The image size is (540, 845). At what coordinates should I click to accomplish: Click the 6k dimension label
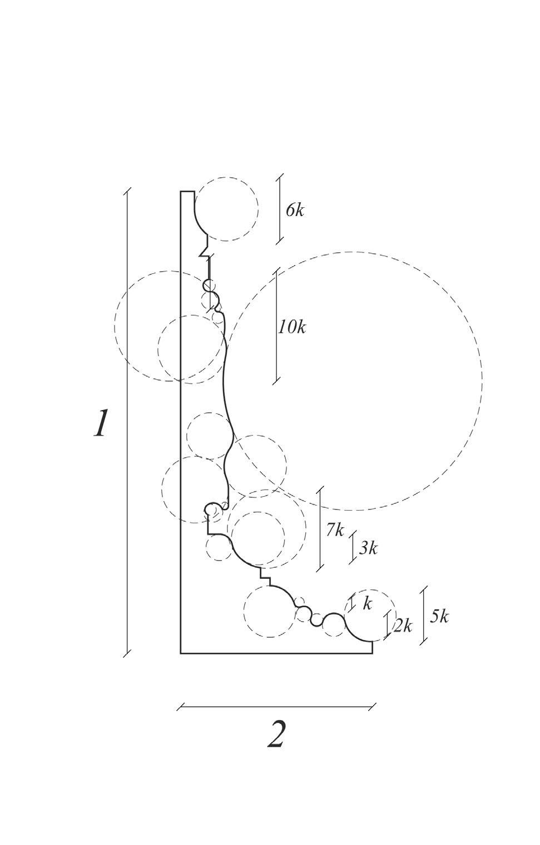pos(295,211)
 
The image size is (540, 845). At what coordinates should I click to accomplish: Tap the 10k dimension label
pos(293,327)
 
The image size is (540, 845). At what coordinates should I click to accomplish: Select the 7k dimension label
pos(335,530)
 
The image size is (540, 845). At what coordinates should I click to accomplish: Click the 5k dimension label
pos(439,616)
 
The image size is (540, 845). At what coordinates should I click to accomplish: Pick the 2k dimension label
pos(403,626)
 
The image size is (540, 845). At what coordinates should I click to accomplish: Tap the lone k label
pos(367,604)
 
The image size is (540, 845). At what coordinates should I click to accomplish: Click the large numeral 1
pos(100,424)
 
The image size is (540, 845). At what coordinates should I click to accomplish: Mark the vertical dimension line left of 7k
pos(320,528)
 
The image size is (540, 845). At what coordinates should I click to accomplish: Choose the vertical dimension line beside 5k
pos(424,615)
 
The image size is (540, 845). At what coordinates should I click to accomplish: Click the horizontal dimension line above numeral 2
pos(276,707)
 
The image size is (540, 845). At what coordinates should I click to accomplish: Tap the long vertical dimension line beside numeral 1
pos(127,422)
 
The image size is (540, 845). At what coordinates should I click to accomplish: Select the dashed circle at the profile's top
pos(226,209)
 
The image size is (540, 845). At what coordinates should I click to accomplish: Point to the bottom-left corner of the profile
pos(181,653)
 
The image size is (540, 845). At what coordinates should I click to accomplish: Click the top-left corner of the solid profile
pos(181,192)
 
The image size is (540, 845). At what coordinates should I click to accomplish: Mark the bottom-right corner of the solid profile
pos(372,653)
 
